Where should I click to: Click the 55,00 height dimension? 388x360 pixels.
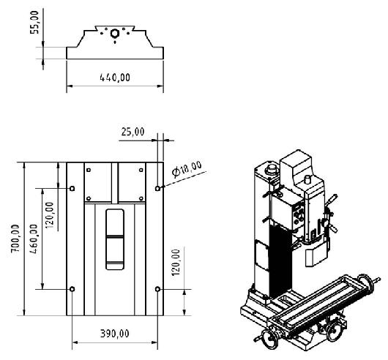[34, 22]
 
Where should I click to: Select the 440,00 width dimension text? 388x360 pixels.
[115, 78]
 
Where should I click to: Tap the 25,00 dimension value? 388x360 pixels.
[133, 132]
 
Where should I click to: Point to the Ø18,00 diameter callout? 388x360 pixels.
[187, 168]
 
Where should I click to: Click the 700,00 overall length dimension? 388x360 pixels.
[15, 239]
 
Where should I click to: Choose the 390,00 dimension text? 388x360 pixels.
[114, 334]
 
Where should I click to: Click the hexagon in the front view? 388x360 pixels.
[114, 34]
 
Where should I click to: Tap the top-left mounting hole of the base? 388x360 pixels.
[72, 189]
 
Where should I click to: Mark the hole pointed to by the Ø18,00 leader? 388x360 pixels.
[157, 189]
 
